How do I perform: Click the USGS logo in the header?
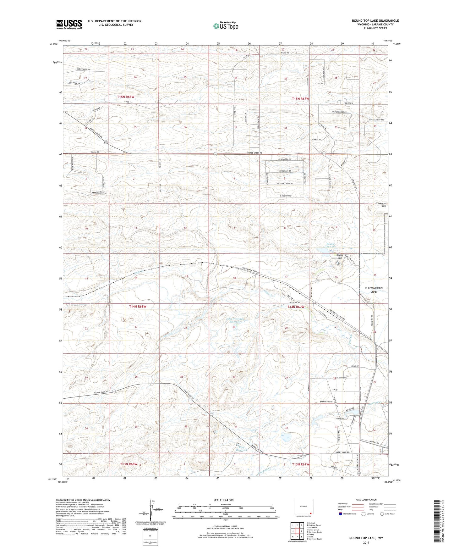69,24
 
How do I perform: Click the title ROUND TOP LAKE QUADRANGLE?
375,21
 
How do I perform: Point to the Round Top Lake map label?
330,245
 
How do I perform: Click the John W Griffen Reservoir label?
235,320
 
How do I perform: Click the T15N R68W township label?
126,97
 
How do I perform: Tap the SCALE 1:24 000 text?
223,500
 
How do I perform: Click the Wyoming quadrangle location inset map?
303,507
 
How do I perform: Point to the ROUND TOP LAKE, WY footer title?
366,538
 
